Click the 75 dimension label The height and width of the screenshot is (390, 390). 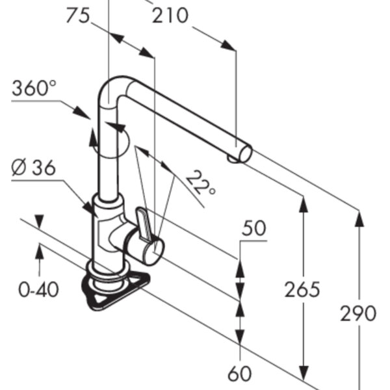tap(78, 16)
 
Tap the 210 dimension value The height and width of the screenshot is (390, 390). tap(170, 16)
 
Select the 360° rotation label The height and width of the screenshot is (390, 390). tap(34, 88)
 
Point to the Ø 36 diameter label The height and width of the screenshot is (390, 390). tap(34, 168)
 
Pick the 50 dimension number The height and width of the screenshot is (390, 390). tap(254, 228)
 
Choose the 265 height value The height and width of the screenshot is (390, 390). tap(302, 289)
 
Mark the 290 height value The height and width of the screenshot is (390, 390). tap(358, 313)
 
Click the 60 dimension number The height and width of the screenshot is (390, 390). tap(240, 373)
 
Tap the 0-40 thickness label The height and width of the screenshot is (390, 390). tap(39, 289)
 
